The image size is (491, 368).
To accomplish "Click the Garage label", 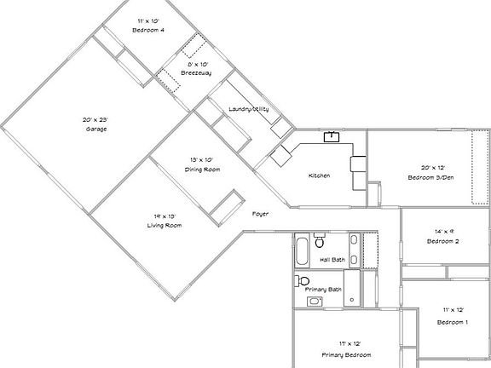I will click(95, 129).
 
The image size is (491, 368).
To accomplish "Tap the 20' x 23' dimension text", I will click(95, 119).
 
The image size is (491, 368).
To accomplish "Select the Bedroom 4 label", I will click(147, 30).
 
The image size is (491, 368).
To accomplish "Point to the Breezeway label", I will click(196, 73).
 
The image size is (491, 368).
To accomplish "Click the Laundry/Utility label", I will click(248, 109).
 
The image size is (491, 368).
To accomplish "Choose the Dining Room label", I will click(202, 170).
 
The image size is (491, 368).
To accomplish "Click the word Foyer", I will click(261, 213).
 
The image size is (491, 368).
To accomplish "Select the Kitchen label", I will click(319, 175).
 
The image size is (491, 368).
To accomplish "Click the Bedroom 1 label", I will click(452, 323).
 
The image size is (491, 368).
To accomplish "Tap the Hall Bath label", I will click(332, 259).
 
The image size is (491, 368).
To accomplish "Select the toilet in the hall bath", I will click(318, 240).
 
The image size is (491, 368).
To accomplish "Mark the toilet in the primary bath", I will click(302, 280).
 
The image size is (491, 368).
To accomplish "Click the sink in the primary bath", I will click(314, 301).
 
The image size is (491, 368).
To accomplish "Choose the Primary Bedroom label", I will click(345, 354).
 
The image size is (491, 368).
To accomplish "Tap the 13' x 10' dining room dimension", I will click(202, 160).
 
